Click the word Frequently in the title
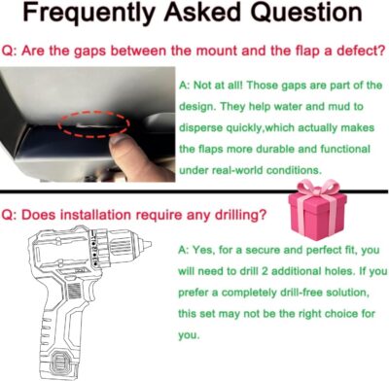click(88, 14)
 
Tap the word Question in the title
click(306, 13)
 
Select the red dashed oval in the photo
click(94, 124)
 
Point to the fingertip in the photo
click(121, 144)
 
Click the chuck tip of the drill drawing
click(147, 244)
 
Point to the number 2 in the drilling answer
click(265, 271)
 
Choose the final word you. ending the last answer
click(189, 335)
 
